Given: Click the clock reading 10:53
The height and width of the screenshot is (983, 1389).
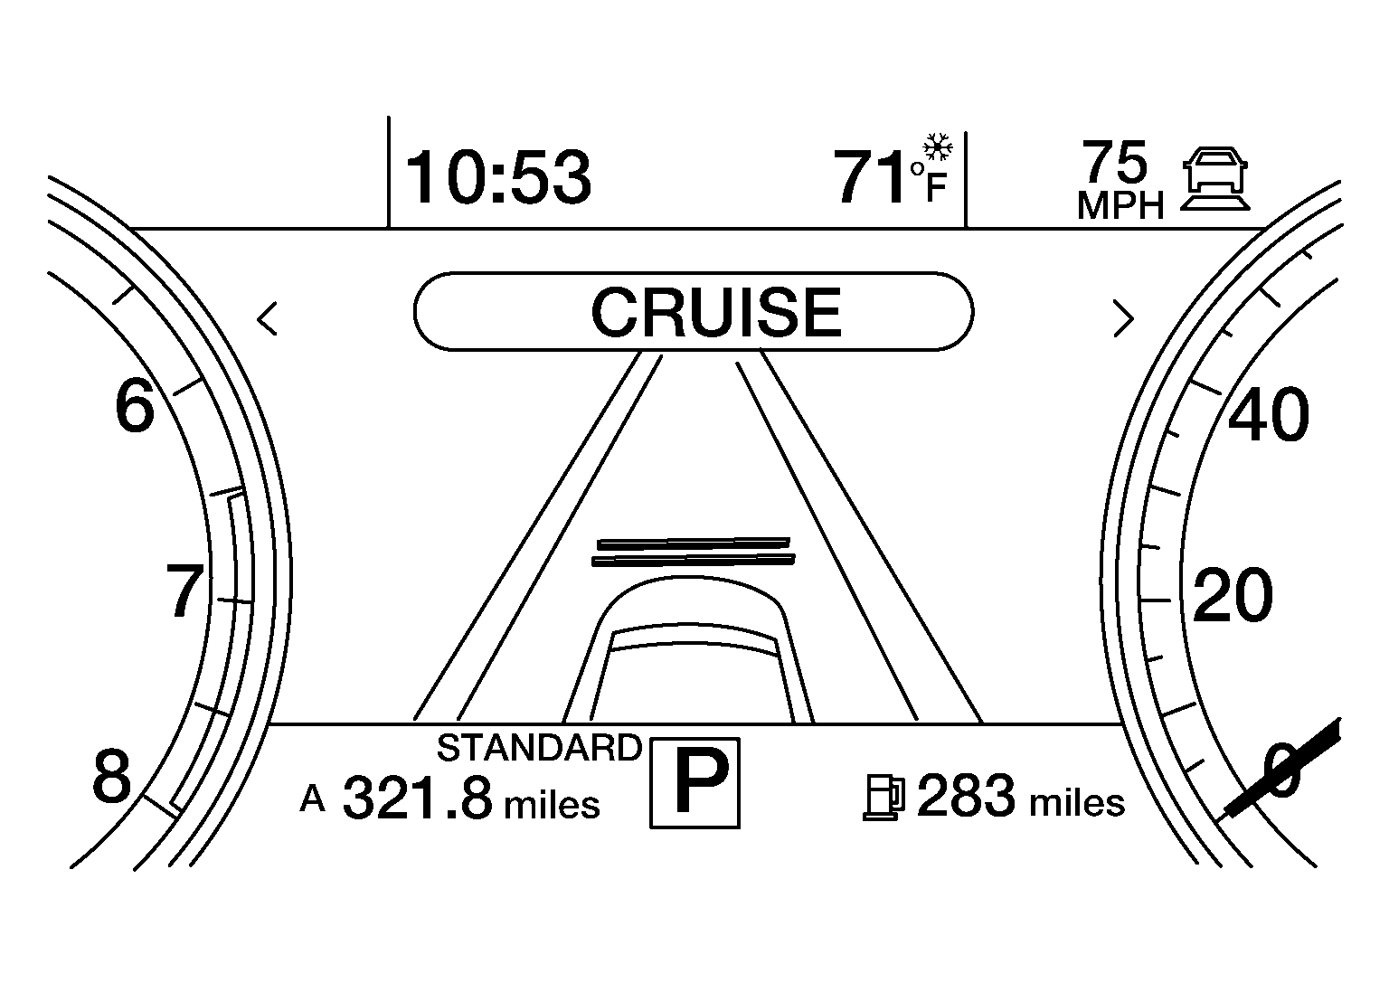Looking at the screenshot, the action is pos(498,178).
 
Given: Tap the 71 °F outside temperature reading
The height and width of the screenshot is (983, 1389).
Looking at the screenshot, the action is pos(890,176).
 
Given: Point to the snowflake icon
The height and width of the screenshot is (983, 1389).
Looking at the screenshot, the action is pos(938,147).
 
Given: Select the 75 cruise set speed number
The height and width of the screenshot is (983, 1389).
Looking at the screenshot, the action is pos(1114,163).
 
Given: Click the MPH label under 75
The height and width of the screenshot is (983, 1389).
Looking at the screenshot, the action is pos(1120,205).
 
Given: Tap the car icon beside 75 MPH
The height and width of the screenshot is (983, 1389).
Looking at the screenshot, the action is pos(1214,179).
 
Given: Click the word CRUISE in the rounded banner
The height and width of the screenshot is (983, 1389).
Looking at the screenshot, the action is pos(716,312).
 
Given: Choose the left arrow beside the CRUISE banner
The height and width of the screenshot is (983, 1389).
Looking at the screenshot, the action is pos(267,319).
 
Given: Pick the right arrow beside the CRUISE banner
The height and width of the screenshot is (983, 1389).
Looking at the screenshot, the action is pos(1124,319).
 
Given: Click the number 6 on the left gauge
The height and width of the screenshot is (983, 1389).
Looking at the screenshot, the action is pos(135,406).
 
